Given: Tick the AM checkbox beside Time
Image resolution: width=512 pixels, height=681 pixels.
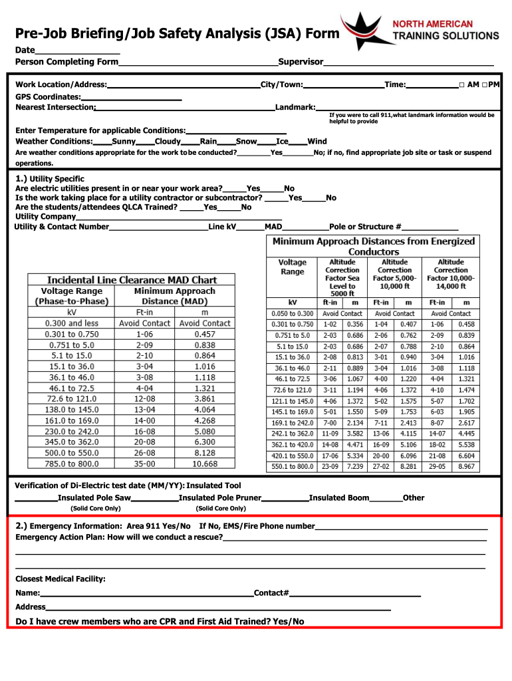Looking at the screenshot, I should coord(461,85).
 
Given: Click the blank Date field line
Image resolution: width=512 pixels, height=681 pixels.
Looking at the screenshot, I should coord(77,52).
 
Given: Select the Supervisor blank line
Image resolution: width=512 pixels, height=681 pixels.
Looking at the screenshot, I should coord(408,63).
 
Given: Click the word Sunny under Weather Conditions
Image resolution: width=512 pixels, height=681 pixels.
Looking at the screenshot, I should coord(124,141).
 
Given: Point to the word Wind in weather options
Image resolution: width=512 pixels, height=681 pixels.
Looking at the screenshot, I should coord(317,141).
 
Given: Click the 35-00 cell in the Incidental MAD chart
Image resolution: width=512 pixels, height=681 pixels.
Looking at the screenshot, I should coord(144,464).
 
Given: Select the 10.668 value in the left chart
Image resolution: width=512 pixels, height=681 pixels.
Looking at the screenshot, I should coord(205,464).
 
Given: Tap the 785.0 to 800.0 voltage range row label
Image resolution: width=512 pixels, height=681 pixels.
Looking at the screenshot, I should coord(71,464).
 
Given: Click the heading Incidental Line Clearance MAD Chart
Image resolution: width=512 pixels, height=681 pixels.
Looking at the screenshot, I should coord(132,280).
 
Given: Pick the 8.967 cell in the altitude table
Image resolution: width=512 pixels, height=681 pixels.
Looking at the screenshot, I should coord(467,467).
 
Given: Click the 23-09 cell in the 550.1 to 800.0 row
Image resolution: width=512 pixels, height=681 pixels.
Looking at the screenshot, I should coord(330,467).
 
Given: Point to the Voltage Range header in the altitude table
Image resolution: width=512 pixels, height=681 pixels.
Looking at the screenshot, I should coord(293,267).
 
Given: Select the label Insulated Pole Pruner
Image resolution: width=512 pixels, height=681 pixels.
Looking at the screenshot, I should coord(219,497).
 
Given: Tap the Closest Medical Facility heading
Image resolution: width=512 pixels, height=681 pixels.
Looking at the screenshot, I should coord(61,579).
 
